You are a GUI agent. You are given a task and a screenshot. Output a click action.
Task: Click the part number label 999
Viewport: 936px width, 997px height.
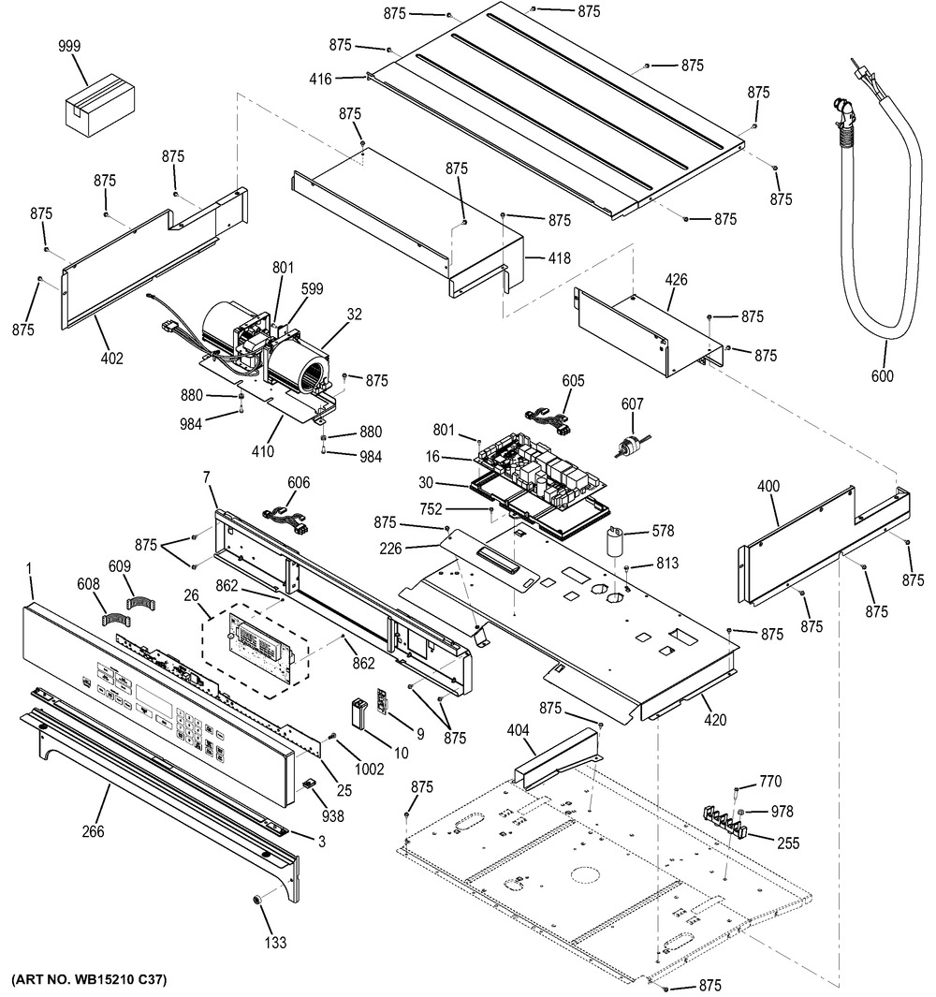69,47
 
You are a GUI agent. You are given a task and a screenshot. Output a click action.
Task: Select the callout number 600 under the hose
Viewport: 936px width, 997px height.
882,376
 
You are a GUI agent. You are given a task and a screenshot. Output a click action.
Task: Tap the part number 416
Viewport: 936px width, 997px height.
320,79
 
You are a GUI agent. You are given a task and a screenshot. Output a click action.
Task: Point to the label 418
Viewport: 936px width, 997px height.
560,258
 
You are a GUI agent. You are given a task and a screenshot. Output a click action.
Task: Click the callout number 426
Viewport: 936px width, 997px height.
676,279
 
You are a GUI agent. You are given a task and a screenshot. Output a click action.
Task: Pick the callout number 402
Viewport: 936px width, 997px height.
112,359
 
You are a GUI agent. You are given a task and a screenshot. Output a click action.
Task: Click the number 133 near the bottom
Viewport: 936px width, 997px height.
275,943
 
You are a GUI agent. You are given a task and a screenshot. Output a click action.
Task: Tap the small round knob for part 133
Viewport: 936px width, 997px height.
257,899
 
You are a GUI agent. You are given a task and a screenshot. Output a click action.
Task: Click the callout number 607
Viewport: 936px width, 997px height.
632,403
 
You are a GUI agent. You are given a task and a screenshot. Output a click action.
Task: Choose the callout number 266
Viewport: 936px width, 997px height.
93,831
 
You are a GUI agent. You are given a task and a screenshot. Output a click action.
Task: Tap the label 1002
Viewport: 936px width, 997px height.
369,770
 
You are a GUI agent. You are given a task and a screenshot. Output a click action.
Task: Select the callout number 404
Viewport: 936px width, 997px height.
518,730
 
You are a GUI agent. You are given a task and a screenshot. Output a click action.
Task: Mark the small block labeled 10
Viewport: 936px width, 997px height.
358,711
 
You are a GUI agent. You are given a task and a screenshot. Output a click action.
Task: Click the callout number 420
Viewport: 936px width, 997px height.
715,720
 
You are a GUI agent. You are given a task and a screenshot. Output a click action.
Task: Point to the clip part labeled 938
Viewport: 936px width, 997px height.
308,783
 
